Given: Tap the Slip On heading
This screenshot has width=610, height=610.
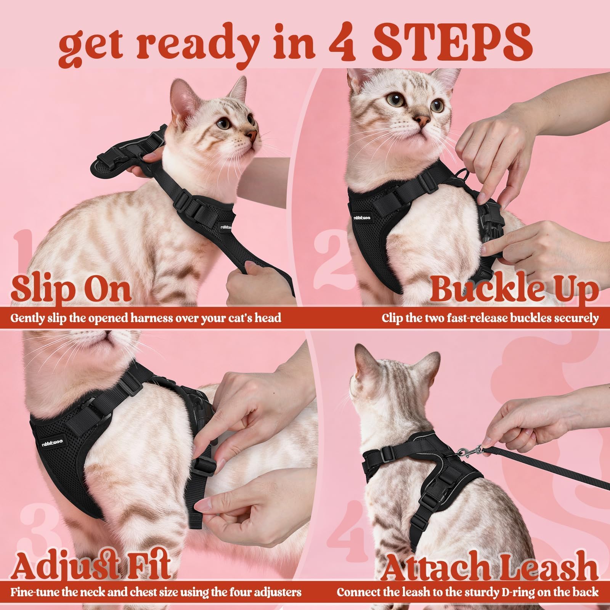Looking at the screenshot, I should [x=71, y=289].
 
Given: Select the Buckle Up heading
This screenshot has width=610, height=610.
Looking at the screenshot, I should [x=514, y=290].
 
